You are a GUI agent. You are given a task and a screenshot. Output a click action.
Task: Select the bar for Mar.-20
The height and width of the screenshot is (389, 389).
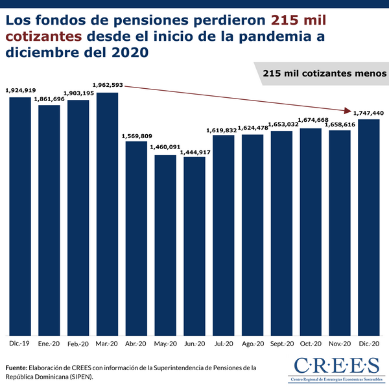click(107, 214)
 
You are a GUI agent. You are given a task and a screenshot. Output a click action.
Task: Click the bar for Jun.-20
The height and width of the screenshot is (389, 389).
click(194, 246)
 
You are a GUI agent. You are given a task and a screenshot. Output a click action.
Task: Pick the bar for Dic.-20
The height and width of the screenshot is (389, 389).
click(369, 227)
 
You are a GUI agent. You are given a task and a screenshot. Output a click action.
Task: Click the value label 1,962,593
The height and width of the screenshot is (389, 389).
click(106, 85)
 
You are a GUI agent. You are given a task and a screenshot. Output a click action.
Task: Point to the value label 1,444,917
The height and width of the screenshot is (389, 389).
click(194, 151)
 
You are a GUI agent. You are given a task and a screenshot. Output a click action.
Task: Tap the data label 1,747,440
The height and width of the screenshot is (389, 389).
click(368, 113)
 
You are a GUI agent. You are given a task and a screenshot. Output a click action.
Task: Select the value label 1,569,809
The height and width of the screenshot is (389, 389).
click(136, 136)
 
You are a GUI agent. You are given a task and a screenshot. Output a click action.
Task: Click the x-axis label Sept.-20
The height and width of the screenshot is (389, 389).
click(283, 344)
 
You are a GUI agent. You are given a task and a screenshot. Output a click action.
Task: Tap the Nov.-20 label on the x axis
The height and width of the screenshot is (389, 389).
click(340, 344)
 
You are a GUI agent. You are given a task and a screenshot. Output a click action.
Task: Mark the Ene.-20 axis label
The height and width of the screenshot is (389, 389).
click(49, 344)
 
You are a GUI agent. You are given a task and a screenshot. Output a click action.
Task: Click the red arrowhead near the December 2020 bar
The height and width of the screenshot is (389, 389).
click(349, 110)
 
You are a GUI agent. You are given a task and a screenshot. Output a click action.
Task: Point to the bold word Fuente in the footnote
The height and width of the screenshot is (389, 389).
click(16, 367)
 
